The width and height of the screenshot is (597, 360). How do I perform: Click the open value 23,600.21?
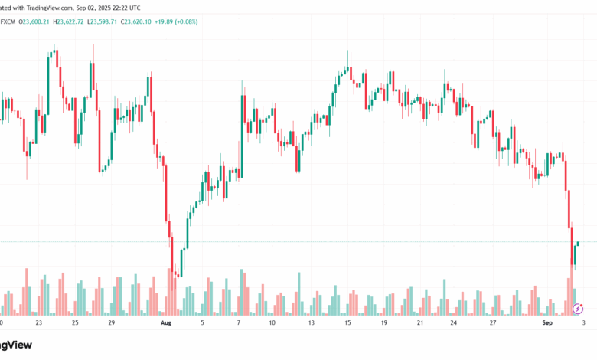pyautogui.click(x=34, y=21)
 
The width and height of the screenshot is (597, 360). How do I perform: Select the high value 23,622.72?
pyautogui.click(x=77, y=21)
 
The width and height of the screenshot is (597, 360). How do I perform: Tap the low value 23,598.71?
pyautogui.click(x=117, y=21)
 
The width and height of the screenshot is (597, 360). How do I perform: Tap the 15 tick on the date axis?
pyautogui.click(x=348, y=323)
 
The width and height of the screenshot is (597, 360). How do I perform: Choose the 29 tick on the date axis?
pyautogui.click(x=111, y=323)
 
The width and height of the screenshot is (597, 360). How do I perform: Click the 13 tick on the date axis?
pyautogui.click(x=312, y=323)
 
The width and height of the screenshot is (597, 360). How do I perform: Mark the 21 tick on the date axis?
pyautogui.click(x=420, y=323)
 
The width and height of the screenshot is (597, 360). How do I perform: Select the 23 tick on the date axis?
pyautogui.click(x=38, y=323)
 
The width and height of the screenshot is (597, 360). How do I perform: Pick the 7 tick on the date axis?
pyautogui.click(x=239, y=323)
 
